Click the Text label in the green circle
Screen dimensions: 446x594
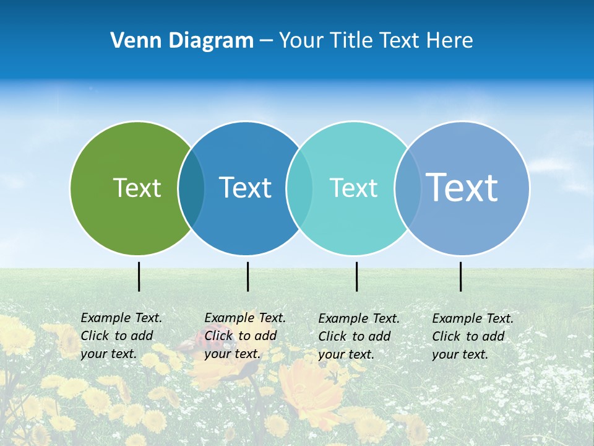pyautogui.click(x=137, y=188)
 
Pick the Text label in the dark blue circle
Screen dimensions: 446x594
pyautogui.click(x=245, y=188)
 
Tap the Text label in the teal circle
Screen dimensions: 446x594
pyautogui.click(x=353, y=188)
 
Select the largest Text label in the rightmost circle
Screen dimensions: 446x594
pyautogui.click(x=462, y=188)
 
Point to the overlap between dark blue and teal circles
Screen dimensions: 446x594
pyautogui.click(x=299, y=188)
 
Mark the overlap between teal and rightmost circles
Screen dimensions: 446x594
pyautogui.click(x=408, y=188)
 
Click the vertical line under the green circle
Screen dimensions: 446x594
pyautogui.click(x=139, y=276)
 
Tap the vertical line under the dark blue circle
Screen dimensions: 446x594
pyautogui.click(x=247, y=276)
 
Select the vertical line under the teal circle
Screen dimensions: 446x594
pyautogui.click(x=356, y=276)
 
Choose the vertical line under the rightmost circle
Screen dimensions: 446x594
pyautogui.click(x=460, y=276)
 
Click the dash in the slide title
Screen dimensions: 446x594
pyautogui.click(x=266, y=41)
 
